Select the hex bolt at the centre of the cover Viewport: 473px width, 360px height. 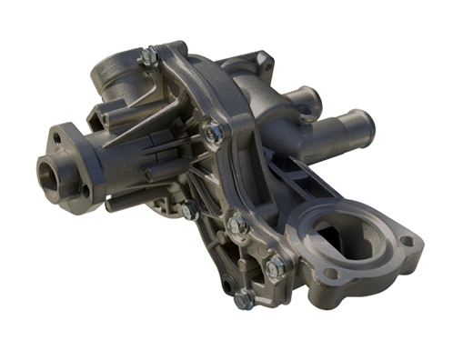point(213,133)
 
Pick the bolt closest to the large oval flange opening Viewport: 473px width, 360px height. point(277,265)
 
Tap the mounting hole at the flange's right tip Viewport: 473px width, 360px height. point(406,241)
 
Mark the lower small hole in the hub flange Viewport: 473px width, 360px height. point(86,191)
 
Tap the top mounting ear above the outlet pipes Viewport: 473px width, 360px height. point(263,62)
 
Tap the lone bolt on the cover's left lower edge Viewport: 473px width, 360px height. point(189,210)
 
